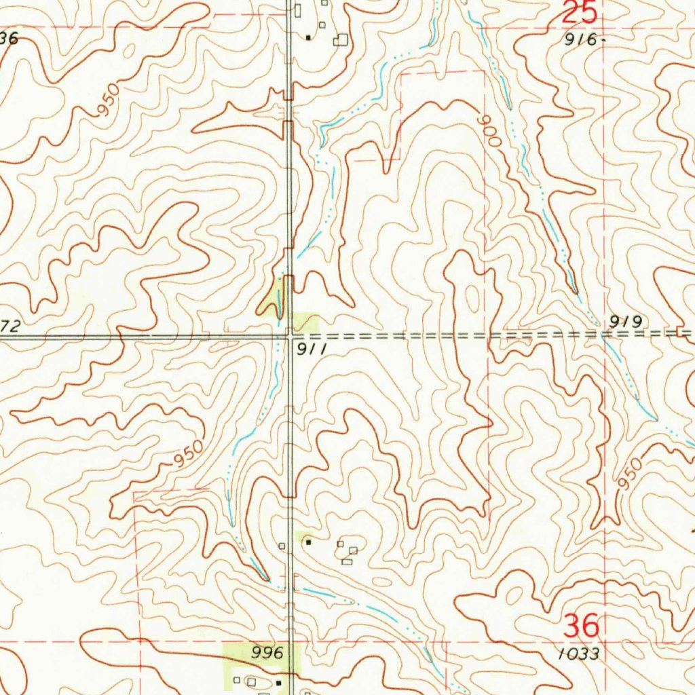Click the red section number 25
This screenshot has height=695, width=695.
581,13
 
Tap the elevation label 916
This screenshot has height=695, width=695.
582,40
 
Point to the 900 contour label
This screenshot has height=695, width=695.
489,130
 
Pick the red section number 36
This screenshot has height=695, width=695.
582,625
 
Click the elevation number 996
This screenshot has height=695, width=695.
267,653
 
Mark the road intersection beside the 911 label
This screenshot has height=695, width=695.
290,335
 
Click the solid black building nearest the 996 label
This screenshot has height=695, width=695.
278,681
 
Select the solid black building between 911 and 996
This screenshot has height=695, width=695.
308,542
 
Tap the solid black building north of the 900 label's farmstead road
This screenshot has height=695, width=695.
309,37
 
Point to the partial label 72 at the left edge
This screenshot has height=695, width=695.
12,327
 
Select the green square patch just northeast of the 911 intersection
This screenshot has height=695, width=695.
305,321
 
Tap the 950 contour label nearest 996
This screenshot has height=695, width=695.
188,454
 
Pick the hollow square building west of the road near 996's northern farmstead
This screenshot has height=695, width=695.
282,545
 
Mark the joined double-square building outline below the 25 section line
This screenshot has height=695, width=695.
340,40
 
